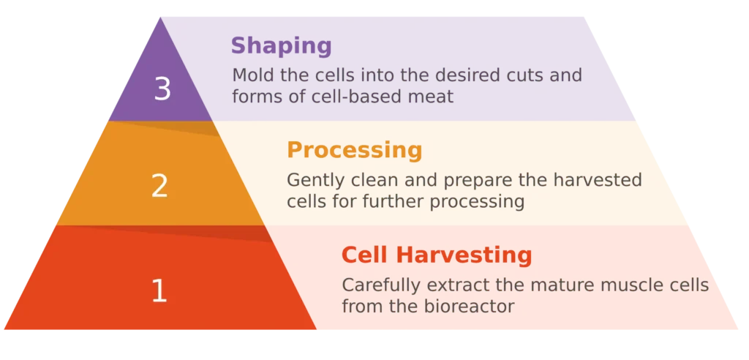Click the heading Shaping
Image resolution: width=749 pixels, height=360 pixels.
(282, 47)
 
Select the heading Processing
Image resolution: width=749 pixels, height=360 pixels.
(355, 151)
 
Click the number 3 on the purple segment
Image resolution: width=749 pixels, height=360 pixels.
(162, 89)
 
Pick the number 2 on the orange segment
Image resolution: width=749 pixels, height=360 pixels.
(159, 186)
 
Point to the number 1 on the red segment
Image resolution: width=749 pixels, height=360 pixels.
(159, 290)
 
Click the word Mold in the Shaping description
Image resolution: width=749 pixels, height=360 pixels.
(252, 75)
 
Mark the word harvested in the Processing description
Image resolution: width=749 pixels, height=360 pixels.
(598, 180)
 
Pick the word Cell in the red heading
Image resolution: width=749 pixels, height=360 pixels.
(366, 255)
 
